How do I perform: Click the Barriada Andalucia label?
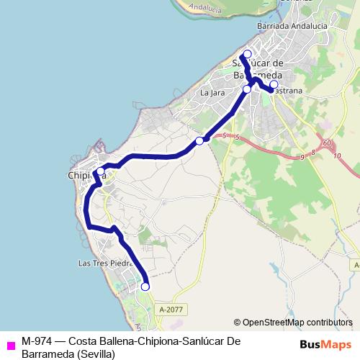coord(292,26)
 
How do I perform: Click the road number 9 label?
coord(304,156)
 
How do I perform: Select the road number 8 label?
coord(313,153)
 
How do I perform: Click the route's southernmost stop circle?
coord(145,287)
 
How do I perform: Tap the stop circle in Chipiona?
coord(100,171)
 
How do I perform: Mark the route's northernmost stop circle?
coord(247,55)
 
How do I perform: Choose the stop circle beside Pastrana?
coord(274,84)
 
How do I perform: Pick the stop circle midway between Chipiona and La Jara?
coord(199,140)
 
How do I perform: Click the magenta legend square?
coord(10,345)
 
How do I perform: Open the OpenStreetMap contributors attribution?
coord(296,322)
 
